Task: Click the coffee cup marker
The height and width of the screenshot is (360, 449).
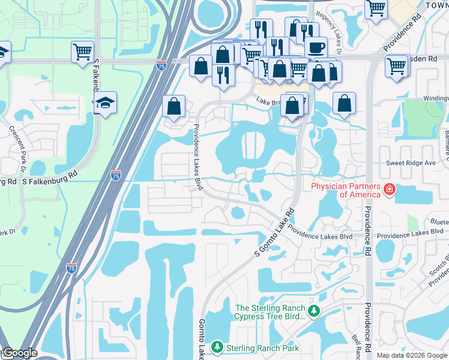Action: click(x=316, y=47)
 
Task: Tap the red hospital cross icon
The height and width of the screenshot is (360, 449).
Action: click(x=390, y=190)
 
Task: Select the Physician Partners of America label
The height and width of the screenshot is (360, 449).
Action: click(x=345, y=190)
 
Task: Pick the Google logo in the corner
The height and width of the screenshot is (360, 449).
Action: click(x=19, y=353)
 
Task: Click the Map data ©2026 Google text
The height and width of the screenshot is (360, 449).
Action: click(x=412, y=355)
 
